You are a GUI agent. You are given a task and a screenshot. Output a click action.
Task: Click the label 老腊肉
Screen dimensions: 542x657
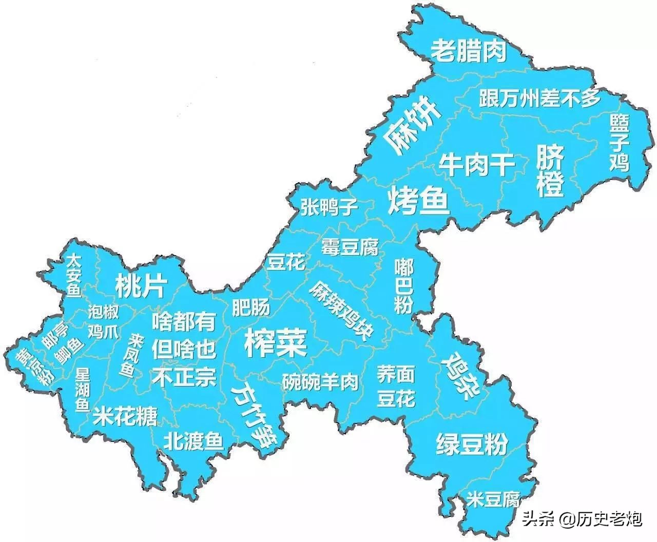click(469, 51)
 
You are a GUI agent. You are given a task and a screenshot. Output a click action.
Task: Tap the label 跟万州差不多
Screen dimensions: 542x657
click(539, 98)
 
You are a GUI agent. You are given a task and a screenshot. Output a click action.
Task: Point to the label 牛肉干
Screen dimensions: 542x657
click(476, 165)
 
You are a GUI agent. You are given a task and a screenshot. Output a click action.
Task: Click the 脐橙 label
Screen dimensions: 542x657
click(550, 170)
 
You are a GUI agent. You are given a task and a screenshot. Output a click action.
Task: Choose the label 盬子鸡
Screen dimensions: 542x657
click(620, 142)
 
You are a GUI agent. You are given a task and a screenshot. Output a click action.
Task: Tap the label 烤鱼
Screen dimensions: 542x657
click(418, 201)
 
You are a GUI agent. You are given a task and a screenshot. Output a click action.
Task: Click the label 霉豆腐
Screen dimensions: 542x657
click(350, 247)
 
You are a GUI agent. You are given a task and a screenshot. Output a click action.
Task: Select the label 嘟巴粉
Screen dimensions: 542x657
click(404, 286)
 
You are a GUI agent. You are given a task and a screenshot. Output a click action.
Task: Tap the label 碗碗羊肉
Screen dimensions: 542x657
click(320, 381)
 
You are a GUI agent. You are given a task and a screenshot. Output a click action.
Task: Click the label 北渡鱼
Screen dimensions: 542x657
click(194, 440)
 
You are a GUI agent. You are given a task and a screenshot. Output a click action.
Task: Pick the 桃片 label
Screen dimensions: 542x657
click(140, 286)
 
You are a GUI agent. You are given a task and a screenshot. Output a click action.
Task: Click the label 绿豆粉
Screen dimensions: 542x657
click(472, 443)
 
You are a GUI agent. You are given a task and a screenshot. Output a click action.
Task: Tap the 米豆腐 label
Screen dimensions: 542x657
click(493, 499)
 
